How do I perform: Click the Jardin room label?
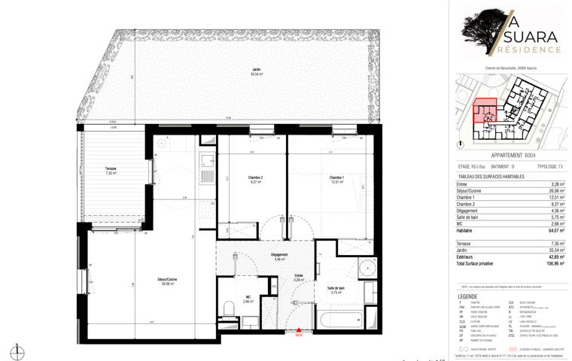[x=257, y=73]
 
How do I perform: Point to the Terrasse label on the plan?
[x=111, y=171]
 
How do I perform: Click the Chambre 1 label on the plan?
[x=336, y=179]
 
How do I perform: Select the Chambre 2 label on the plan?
[x=255, y=179]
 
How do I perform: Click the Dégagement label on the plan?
[x=279, y=256]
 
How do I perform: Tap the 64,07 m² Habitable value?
[x=556, y=231]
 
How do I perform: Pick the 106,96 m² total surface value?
[x=555, y=264]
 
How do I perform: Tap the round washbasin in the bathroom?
[x=368, y=268]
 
